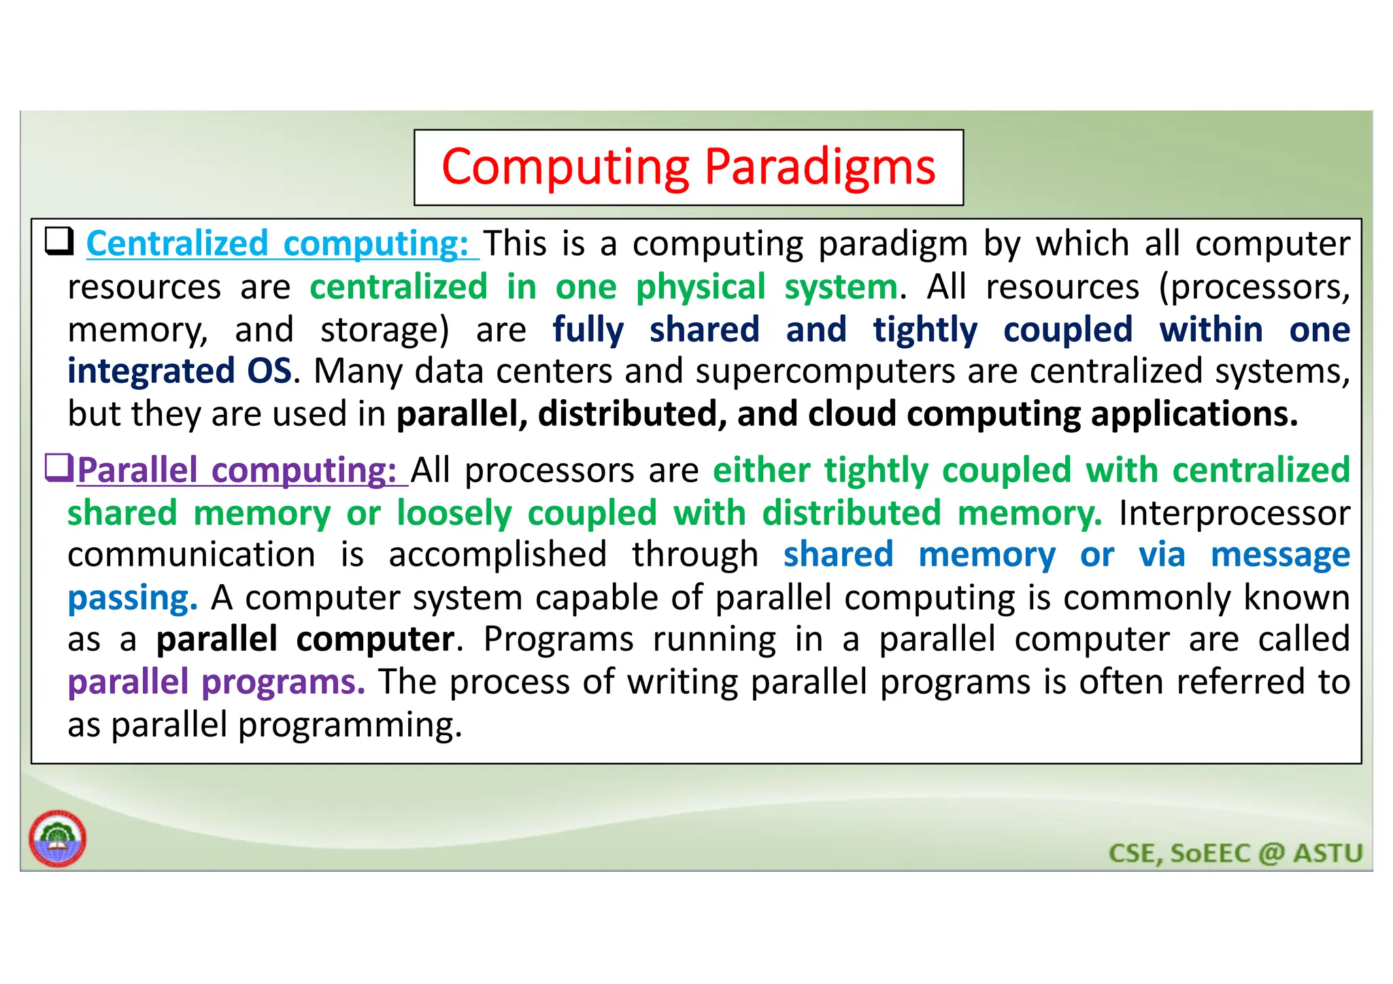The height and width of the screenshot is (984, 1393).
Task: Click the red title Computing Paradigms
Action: tap(688, 167)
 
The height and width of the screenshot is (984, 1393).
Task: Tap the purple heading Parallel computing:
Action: tap(237, 471)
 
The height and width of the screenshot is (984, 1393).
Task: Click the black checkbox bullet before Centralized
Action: tap(59, 241)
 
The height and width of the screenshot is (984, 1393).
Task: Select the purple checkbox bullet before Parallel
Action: tap(58, 468)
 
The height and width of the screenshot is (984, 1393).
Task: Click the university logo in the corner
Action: tap(58, 838)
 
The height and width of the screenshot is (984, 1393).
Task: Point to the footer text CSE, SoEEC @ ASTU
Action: tap(1235, 853)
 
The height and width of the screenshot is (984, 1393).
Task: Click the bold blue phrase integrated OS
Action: tap(180, 372)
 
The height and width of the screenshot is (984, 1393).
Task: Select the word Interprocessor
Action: tap(1234, 513)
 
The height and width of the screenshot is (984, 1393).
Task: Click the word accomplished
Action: tap(497, 555)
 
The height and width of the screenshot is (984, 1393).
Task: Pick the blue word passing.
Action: tap(133, 598)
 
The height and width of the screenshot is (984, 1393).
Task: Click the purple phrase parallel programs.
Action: tap(216, 682)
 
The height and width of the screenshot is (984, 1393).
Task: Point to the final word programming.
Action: tap(350, 726)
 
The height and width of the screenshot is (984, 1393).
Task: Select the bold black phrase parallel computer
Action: tap(305, 640)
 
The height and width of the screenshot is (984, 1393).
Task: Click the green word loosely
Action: tap(454, 513)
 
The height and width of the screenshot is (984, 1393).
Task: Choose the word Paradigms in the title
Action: tap(820, 167)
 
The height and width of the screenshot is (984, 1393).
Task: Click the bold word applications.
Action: tap(1194, 414)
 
